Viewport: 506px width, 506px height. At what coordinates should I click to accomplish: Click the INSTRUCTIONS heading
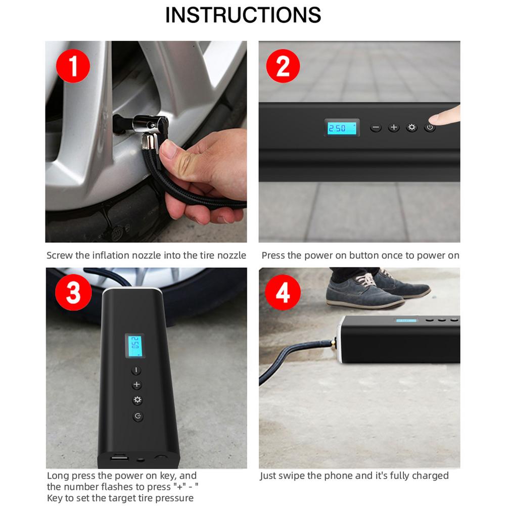pyautogui.click(x=243, y=15)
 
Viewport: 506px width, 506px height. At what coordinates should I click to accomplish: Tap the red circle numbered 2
pyautogui.click(x=284, y=67)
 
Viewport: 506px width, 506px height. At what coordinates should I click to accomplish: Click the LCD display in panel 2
pyautogui.click(x=342, y=128)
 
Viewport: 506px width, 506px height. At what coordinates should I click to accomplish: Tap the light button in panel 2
pyautogui.click(x=412, y=128)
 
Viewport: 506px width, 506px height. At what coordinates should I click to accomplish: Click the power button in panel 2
pyautogui.click(x=430, y=128)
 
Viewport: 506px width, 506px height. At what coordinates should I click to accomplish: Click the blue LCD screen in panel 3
pyautogui.click(x=135, y=346)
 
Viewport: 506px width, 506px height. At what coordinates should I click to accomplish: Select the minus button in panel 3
pyautogui.click(x=136, y=371)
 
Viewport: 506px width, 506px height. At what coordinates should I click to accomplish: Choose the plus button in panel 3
pyautogui.click(x=136, y=385)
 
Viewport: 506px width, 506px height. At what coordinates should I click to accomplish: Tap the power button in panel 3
pyautogui.click(x=137, y=417)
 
